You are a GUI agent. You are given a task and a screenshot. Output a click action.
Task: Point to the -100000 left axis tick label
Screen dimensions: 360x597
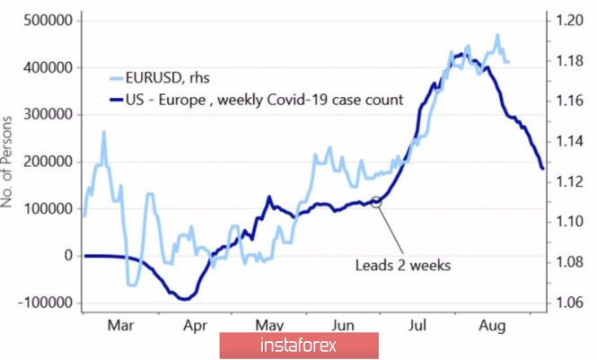(x=41, y=303)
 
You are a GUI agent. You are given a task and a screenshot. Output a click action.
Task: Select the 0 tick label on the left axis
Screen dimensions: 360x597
(x=67, y=256)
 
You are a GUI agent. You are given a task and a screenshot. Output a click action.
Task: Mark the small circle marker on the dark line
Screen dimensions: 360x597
(x=376, y=203)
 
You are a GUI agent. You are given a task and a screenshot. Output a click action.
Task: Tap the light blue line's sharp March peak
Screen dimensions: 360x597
(x=104, y=133)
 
